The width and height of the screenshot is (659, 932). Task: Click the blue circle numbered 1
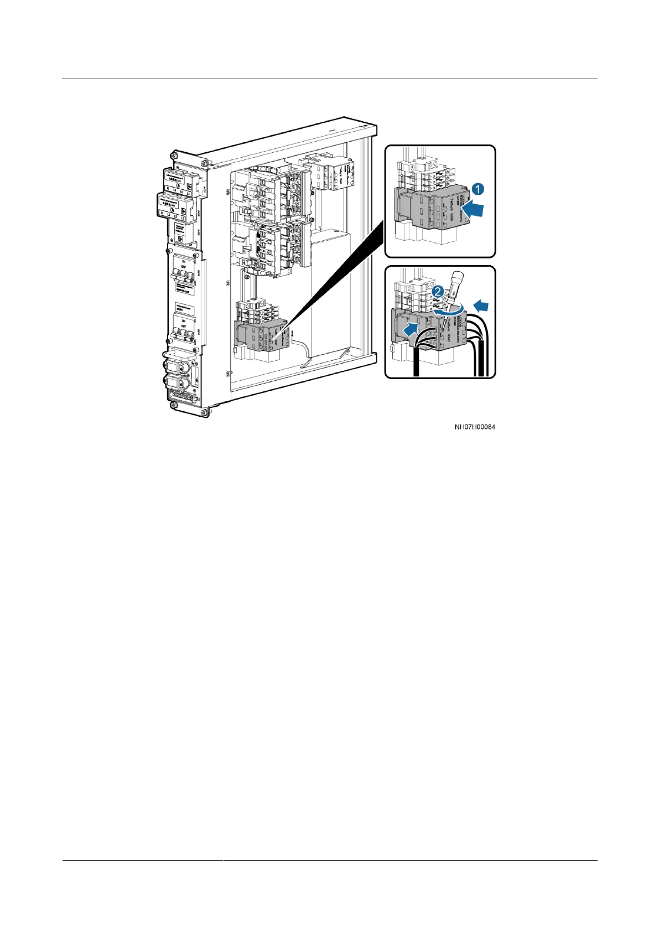478,189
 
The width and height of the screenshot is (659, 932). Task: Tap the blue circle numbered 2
437,291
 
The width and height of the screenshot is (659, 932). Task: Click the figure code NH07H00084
474,427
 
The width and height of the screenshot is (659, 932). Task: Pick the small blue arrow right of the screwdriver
481,304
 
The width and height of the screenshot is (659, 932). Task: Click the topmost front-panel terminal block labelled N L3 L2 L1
178,180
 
